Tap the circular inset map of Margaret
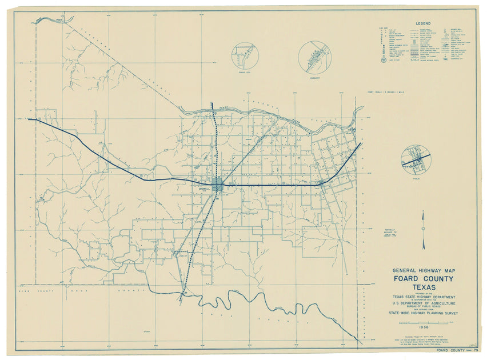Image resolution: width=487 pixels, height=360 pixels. pos(314,56)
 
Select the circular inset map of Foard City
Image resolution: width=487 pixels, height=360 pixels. pos(245,57)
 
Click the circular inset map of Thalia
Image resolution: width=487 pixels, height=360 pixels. pos(416,159)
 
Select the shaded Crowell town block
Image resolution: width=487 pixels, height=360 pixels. pos(218,185)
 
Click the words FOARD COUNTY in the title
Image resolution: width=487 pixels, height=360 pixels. pos(423,279)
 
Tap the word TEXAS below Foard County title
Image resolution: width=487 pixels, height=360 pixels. pos(423,287)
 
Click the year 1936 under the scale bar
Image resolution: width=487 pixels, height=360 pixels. pos(423,327)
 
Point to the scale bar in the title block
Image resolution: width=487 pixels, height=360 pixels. pos(423,323)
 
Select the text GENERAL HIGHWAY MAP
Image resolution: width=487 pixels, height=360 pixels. pos(423,270)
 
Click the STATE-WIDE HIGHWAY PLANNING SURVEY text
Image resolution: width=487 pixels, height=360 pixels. pos(423,314)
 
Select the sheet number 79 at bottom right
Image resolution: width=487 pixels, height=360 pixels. pos(475,350)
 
